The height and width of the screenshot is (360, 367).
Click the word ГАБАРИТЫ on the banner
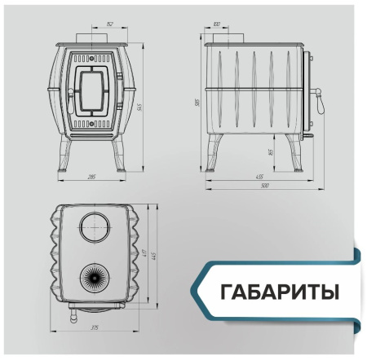tap(277, 292)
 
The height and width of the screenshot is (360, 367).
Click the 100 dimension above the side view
tap(216, 25)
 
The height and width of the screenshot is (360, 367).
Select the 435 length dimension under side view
tap(259, 176)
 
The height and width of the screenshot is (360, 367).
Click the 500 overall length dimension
tap(264, 187)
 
